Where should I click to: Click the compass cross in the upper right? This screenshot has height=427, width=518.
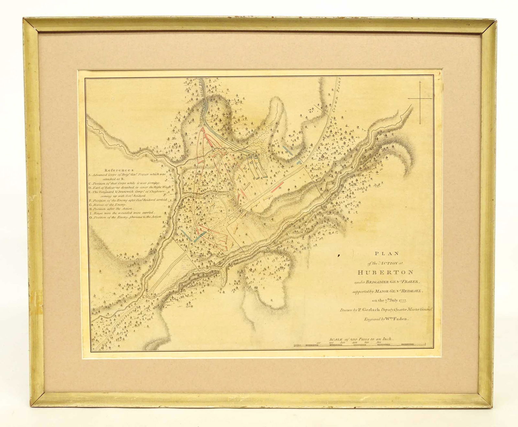[x=420, y=97]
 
